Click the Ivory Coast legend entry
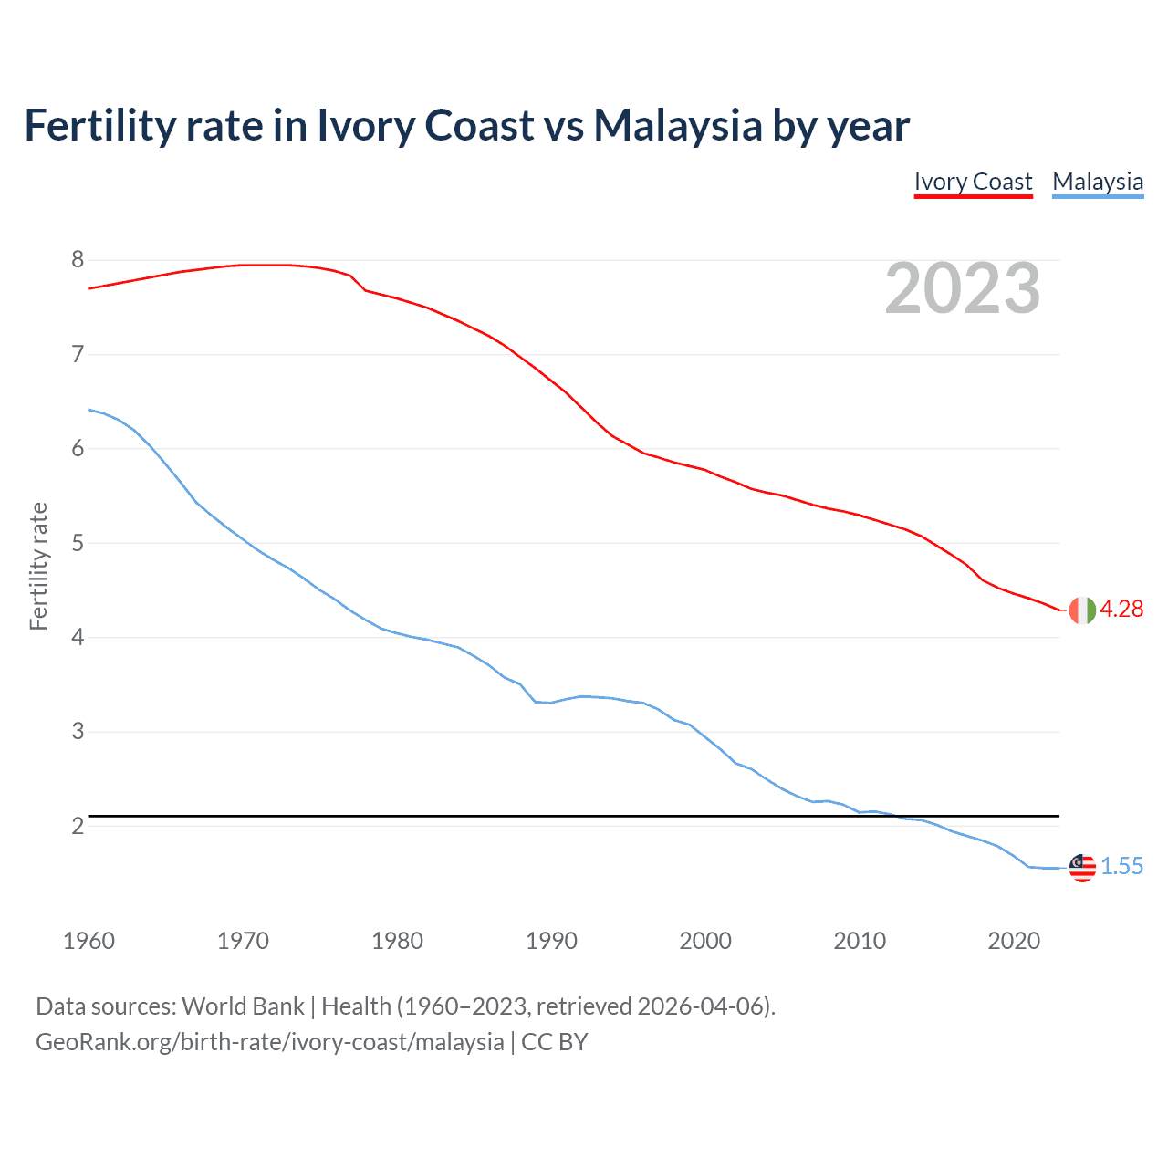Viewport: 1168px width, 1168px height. (973, 182)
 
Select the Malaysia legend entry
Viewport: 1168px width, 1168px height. (1098, 182)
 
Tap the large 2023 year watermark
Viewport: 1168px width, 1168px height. (963, 288)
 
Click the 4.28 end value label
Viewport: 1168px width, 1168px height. (1121, 610)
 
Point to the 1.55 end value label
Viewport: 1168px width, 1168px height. (1121, 867)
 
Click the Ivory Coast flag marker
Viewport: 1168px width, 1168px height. (1082, 610)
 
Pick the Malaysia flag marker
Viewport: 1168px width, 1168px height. (1082, 867)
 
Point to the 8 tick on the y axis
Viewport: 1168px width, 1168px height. (78, 260)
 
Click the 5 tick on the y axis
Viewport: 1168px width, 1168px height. (78, 543)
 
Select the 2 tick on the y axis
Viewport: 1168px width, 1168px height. (78, 826)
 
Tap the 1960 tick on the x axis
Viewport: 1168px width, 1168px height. (89, 941)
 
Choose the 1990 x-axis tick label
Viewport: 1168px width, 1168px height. (551, 941)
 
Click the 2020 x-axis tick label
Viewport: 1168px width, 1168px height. (1014, 941)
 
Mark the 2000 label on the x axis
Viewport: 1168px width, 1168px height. (705, 941)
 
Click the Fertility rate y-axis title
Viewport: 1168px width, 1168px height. (38, 566)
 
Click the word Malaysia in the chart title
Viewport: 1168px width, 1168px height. (677, 125)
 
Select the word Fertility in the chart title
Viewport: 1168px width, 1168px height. (99, 125)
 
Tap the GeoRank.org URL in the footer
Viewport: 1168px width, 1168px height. (269, 1042)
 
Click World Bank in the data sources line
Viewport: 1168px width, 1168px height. (243, 1006)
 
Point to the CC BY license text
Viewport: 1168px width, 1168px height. (555, 1042)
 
